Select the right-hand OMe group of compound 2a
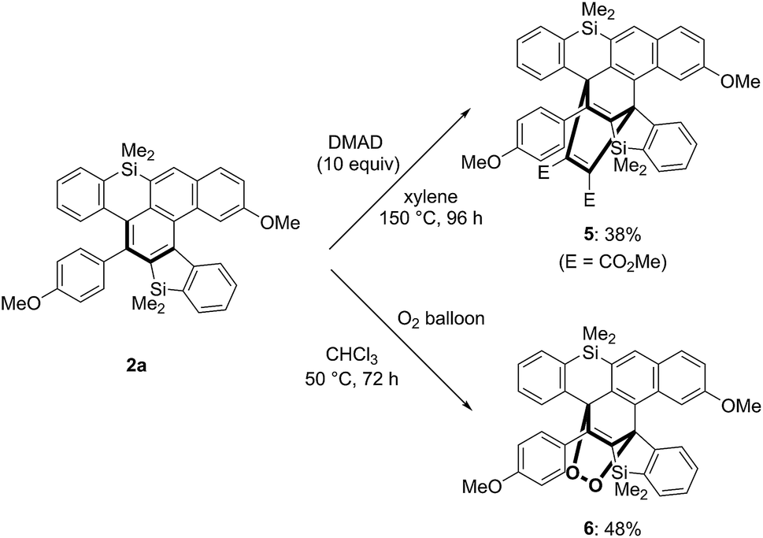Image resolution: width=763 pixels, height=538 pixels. click(x=281, y=224)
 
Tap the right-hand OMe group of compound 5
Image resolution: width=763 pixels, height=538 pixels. click(x=740, y=80)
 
